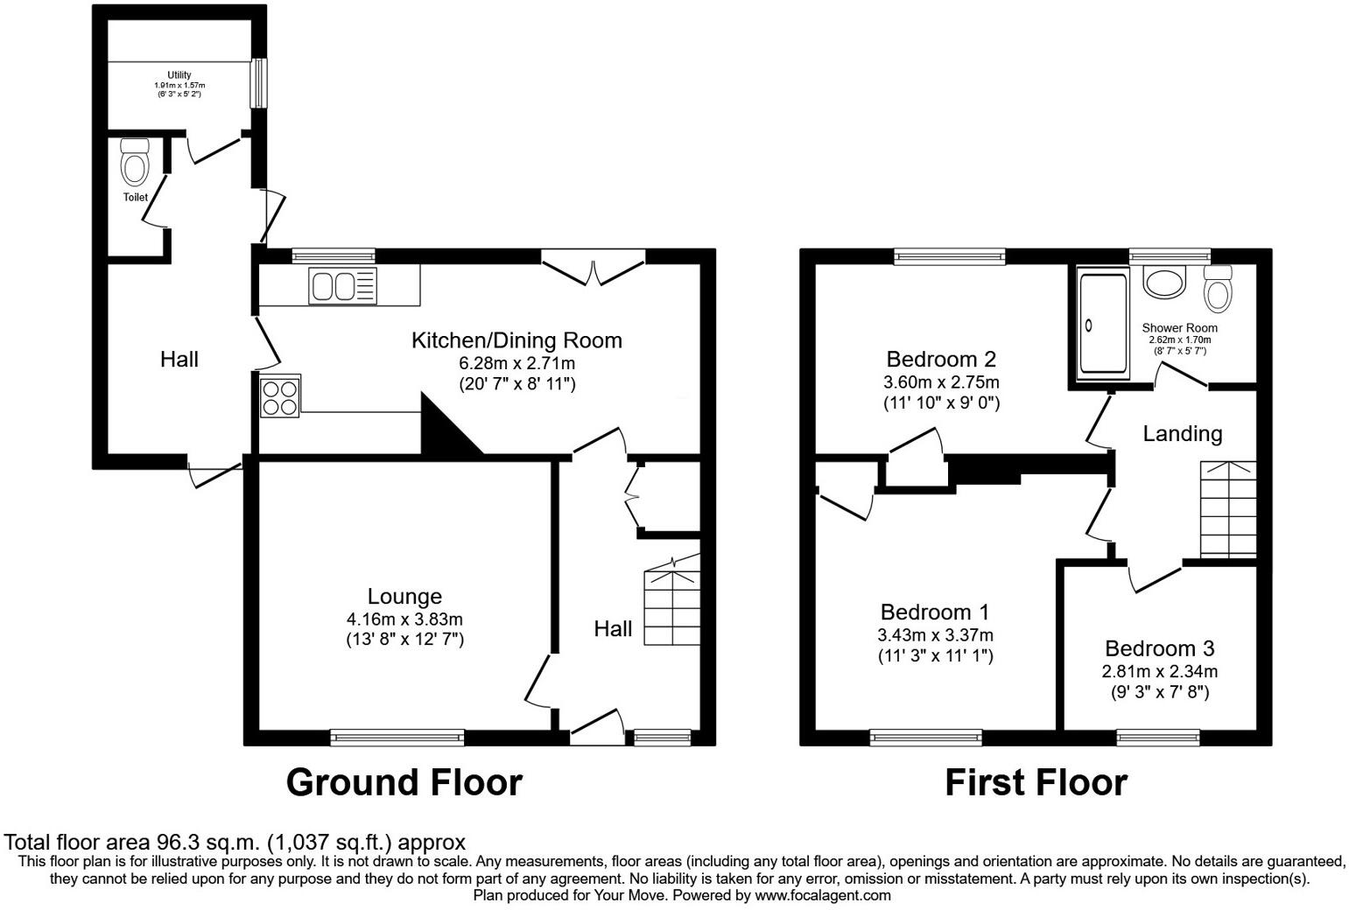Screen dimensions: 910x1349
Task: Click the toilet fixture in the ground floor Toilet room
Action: point(135,161)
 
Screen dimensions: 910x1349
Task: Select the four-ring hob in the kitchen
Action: point(279,395)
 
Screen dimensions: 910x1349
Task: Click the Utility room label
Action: point(179,75)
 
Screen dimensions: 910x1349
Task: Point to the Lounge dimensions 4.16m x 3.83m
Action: point(404,619)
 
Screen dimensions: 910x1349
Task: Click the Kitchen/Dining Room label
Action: point(516,340)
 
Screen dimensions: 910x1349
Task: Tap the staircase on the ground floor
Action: point(672,607)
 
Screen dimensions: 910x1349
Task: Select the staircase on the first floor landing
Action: point(1227,508)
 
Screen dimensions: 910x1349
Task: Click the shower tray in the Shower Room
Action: point(1102,323)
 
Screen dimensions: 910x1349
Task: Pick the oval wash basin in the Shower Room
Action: point(1163,282)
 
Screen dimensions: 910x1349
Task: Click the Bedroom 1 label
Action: point(935,612)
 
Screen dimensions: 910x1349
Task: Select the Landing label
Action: point(1182,434)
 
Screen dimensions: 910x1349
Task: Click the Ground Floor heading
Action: point(404,782)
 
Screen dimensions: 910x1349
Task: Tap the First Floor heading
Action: point(1036,782)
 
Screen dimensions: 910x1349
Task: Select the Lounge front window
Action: point(397,738)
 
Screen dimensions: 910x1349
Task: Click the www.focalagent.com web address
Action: point(823,895)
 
